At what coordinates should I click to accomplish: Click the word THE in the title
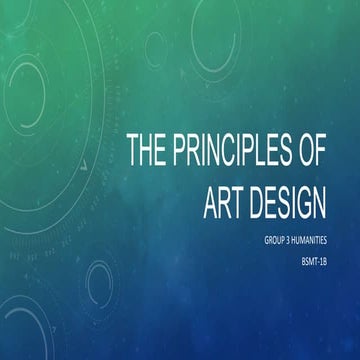tap(147, 149)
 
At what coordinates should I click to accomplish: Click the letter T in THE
tap(133, 149)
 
